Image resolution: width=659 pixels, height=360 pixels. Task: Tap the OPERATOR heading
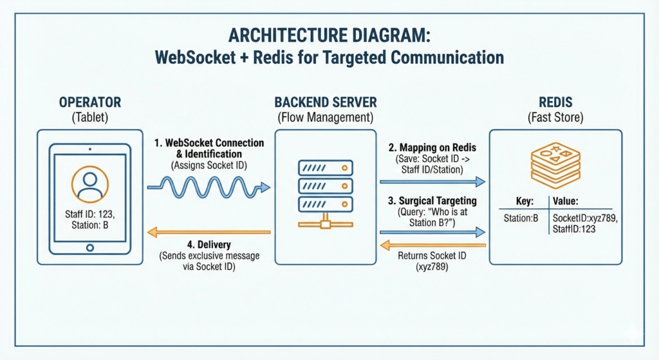pos(89,102)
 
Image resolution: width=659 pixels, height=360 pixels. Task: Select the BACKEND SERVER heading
pos(326,102)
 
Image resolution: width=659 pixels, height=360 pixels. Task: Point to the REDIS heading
pos(555,102)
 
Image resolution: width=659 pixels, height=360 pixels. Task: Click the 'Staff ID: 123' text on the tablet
pos(89,213)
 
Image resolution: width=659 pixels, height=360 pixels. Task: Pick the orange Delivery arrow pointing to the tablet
pos(209,232)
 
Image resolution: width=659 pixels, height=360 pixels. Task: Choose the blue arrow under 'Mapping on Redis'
pos(432,182)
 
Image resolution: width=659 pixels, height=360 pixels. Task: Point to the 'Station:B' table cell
pos(521,218)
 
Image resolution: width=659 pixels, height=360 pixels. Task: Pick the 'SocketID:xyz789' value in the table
pos(583,218)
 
